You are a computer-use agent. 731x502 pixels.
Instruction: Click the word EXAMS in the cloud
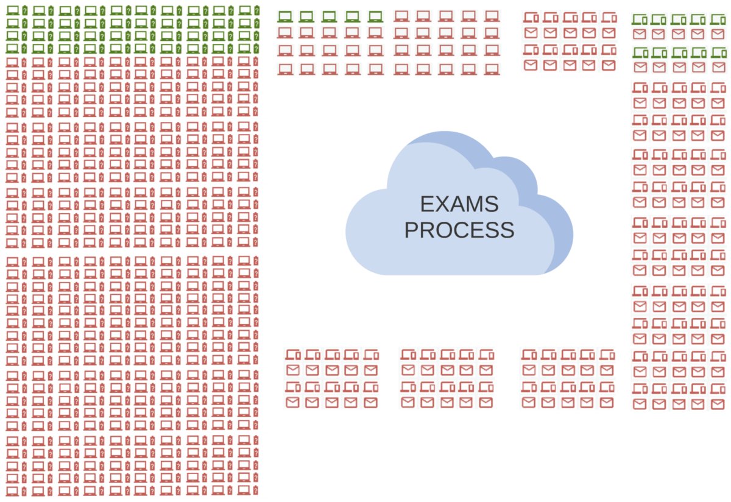459,204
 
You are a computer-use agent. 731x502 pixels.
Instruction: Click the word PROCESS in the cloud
459,230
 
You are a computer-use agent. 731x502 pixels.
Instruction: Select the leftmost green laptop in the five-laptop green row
284,16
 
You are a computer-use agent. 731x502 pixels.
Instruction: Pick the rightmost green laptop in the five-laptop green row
375,16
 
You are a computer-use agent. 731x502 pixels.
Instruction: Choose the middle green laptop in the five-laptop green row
330,16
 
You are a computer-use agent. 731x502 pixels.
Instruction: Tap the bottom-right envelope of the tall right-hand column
718,404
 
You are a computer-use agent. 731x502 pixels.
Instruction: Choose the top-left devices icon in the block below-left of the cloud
293,354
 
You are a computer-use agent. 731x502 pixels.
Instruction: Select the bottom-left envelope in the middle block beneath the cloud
408,402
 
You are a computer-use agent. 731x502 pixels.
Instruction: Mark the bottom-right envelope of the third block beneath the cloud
606,402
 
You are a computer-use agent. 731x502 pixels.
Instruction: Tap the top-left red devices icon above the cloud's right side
531,17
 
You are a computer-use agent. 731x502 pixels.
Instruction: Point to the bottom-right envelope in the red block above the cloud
608,65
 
